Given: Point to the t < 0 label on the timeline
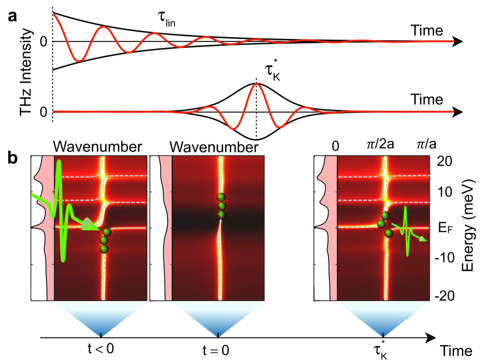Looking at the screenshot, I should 101,351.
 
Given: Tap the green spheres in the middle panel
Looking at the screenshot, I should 220,206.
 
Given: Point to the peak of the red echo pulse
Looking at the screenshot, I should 257,84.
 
